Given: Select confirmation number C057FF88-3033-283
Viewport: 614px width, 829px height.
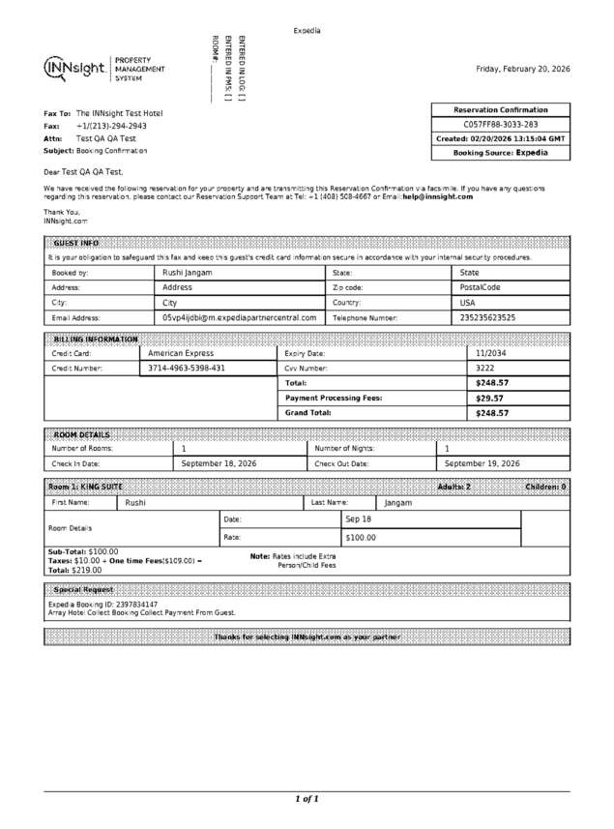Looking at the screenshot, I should pyautogui.click(x=500, y=125).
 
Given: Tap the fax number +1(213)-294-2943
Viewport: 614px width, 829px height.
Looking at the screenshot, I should pyautogui.click(x=111, y=126).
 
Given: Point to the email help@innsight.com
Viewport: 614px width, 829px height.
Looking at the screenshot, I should pyautogui.click(x=437, y=196).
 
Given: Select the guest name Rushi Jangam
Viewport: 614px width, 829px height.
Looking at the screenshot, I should pyautogui.click(x=187, y=273).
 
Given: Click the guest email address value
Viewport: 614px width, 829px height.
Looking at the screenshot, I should pyautogui.click(x=239, y=317).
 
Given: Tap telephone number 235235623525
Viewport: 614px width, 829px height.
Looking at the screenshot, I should pyautogui.click(x=487, y=317).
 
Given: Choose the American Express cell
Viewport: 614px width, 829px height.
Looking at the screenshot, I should pyautogui.click(x=181, y=354).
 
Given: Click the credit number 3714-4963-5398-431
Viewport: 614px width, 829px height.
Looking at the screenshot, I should pyautogui.click(x=187, y=369).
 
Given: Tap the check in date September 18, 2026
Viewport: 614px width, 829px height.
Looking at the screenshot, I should pyautogui.click(x=219, y=463).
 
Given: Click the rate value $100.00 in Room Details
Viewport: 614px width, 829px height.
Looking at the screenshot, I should pyautogui.click(x=361, y=537).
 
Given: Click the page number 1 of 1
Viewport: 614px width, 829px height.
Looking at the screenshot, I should pyautogui.click(x=307, y=799).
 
